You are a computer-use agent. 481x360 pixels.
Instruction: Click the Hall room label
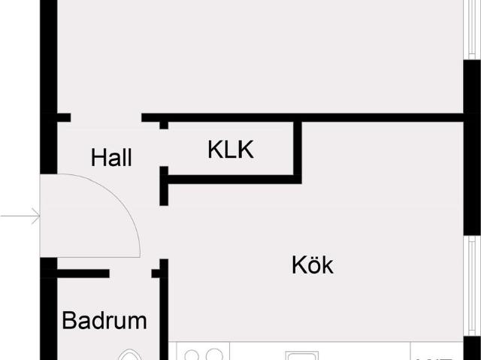coord(111,158)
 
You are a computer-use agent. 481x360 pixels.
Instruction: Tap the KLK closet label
coord(231,150)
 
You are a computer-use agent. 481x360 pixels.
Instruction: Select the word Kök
coord(313,265)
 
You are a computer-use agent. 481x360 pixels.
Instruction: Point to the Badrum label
coord(104,320)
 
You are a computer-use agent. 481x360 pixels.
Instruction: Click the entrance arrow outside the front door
coord(20,216)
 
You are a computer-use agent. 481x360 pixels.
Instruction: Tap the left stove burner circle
coord(192,355)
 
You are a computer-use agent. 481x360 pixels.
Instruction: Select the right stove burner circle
coord(214,355)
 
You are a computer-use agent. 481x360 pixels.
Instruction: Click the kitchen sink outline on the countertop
coord(302,356)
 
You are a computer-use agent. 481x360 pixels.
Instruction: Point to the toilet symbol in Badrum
coord(130,355)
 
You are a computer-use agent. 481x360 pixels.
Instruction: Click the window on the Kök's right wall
coord(472,286)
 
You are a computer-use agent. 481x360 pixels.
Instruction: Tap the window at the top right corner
coord(472,29)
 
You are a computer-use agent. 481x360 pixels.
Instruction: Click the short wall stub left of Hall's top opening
coord(64,117)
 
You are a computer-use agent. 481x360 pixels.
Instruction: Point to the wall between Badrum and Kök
coord(164,310)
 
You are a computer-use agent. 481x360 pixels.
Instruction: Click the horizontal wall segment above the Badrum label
coord(83,274)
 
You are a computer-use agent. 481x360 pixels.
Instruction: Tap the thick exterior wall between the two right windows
coord(472,147)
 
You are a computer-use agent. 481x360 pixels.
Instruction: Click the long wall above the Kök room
coord(302,117)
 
